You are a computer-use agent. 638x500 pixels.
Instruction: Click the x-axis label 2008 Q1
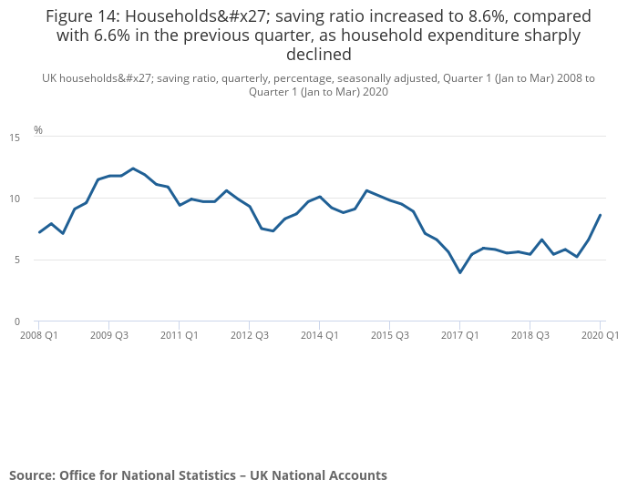39,335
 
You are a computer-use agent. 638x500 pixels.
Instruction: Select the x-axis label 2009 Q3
108,335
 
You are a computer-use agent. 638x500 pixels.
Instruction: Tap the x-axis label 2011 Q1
180,335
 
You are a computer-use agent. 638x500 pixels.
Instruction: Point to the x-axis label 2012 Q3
249,335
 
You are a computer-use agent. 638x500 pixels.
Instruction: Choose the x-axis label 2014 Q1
320,335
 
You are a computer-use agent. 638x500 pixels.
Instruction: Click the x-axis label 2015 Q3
389,335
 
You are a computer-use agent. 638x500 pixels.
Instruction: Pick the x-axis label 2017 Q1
460,335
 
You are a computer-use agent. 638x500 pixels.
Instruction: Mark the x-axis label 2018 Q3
530,335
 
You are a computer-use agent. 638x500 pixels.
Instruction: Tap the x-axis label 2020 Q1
601,335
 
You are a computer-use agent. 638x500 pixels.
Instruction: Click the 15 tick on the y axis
14,138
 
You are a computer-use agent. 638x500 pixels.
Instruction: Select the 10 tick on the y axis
14,199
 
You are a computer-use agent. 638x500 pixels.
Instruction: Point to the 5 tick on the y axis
16,260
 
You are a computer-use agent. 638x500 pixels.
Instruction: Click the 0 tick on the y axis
16,321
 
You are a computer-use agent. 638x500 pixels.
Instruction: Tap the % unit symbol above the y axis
38,130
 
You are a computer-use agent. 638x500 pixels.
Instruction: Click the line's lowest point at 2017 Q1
460,272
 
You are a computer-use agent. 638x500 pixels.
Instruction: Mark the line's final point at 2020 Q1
600,215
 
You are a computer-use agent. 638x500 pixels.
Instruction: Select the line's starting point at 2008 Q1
39,232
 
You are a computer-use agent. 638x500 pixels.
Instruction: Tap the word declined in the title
319,54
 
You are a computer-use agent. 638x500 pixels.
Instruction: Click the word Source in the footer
32,475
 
